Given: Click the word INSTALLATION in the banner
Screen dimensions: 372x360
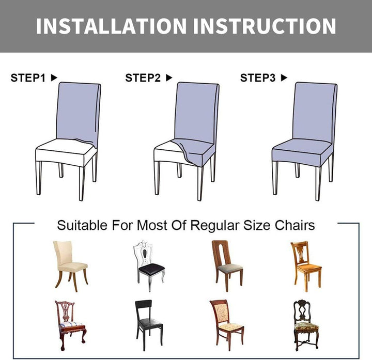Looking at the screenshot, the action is [111, 26].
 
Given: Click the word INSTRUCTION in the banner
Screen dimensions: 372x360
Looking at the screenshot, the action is [265, 26].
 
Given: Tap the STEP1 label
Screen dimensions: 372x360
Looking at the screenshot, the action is [28, 78].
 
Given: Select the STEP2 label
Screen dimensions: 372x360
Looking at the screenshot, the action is [143, 78].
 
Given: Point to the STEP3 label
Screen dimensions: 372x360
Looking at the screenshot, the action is [258, 78].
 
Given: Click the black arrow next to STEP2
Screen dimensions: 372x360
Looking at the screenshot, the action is [169, 77].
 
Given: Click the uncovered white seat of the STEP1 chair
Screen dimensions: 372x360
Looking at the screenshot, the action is [65, 151].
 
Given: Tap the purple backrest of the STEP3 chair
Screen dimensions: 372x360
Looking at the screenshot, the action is [315, 112].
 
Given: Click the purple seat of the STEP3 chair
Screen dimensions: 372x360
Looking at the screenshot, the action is [302, 152].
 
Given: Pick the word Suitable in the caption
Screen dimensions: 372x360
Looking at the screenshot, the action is [82, 225].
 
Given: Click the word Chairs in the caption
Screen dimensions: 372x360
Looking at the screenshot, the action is [295, 225].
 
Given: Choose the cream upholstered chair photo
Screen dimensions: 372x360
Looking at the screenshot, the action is [70, 266].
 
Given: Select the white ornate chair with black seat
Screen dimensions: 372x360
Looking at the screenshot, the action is [149, 266].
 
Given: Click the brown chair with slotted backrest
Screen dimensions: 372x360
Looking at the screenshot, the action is [227, 266].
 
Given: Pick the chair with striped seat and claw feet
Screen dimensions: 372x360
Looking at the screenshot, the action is [70, 325].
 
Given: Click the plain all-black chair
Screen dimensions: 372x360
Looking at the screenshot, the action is [149, 325].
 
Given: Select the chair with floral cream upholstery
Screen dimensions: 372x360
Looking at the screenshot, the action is [227, 325].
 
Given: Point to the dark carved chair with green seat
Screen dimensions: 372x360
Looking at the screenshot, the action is [306, 325].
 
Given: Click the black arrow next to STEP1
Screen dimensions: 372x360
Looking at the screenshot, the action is [54, 77].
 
